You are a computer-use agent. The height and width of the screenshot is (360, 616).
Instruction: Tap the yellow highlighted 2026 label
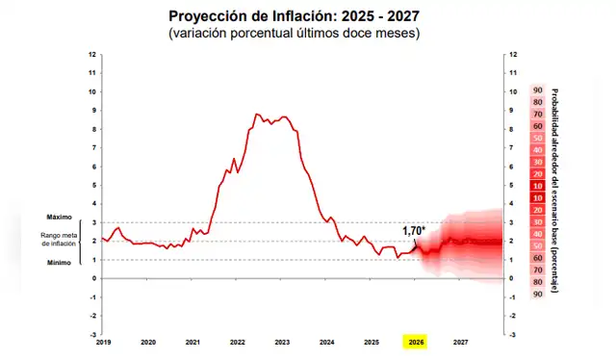tap(416, 342)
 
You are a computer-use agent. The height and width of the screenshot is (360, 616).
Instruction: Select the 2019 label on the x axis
tap(104, 342)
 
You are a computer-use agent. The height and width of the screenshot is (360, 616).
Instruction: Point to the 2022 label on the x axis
tap(237, 342)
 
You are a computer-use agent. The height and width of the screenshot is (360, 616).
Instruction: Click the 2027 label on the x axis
tap(461, 342)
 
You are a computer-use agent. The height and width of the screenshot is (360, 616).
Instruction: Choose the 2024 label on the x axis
tap(326, 342)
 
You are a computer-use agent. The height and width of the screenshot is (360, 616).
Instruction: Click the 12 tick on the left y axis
tap(91, 55)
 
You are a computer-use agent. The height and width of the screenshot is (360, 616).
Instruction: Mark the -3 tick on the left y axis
tap(91, 334)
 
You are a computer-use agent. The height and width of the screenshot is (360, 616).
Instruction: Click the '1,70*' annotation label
tap(414, 231)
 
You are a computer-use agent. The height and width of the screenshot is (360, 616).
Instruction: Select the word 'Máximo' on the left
tap(60, 218)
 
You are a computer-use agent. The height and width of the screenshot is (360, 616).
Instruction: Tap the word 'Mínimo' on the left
tap(60, 263)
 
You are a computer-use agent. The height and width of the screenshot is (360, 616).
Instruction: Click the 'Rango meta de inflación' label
tap(60, 240)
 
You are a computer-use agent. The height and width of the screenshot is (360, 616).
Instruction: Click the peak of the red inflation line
tap(257, 115)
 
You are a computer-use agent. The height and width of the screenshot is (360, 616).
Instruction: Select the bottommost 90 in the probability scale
tap(538, 294)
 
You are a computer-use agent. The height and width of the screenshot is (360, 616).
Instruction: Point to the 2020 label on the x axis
tap(148, 342)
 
